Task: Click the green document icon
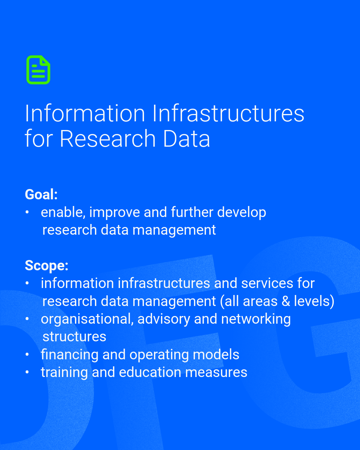coord(38,70)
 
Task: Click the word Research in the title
coord(108,138)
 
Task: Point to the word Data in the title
coord(186,138)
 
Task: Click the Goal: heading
coord(41,194)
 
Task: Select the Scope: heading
coord(47,266)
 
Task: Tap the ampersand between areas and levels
coord(286,301)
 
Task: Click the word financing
coord(70,355)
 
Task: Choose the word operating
coord(159,355)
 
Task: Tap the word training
coord(64,373)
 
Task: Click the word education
coord(150,372)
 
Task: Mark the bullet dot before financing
coord(27,354)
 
